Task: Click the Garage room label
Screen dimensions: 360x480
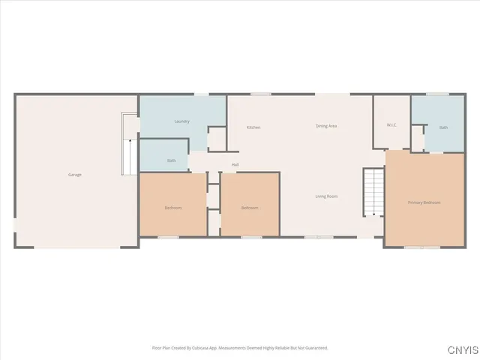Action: pyautogui.click(x=75, y=175)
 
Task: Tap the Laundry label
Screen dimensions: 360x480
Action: pyautogui.click(x=181, y=121)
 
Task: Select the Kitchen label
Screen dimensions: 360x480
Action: pyautogui.click(x=253, y=127)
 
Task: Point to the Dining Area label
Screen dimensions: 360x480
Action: pyautogui.click(x=326, y=126)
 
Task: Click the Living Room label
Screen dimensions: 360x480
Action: pyautogui.click(x=326, y=196)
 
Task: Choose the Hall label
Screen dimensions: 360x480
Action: pyautogui.click(x=235, y=164)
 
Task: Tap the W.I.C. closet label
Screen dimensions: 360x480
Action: pyautogui.click(x=391, y=124)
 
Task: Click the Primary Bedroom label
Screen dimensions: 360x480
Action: pyautogui.click(x=424, y=202)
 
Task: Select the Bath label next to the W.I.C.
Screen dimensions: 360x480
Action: pyautogui.click(x=443, y=127)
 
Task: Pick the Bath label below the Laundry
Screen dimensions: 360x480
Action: pyautogui.click(x=172, y=160)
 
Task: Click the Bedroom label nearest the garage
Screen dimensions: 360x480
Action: pyautogui.click(x=173, y=208)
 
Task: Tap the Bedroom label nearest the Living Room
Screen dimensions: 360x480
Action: pyautogui.click(x=250, y=208)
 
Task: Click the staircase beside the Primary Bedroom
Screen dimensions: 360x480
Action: pyautogui.click(x=373, y=192)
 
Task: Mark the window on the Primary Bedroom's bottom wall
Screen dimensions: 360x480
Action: pyautogui.click(x=422, y=246)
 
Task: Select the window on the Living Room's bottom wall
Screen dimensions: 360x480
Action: pyautogui.click(x=319, y=237)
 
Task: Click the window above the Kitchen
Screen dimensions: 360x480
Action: pyautogui.click(x=260, y=94)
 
